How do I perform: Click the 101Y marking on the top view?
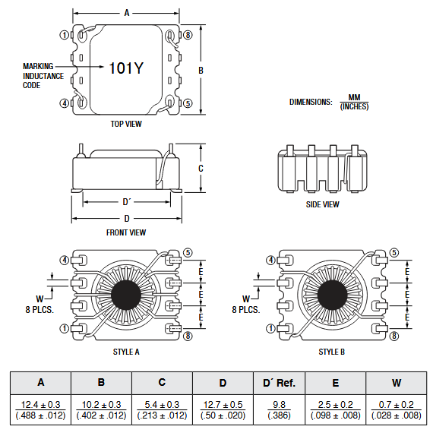(126, 68)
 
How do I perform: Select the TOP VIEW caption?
(126, 124)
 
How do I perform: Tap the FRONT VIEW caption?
(126, 232)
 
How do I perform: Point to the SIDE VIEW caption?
(322, 204)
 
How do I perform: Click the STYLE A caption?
(126, 352)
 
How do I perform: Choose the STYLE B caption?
(332, 352)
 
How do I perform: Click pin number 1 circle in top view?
(65, 35)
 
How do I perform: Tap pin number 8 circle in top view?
(188, 35)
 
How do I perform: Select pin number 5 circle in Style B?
(393, 253)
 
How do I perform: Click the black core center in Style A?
(126, 295)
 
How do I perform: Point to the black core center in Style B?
(332, 295)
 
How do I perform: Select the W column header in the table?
(396, 382)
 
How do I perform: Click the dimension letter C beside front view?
(201, 168)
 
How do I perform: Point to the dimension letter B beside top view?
(201, 70)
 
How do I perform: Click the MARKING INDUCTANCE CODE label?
(43, 76)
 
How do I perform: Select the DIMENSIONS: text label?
(311, 102)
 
